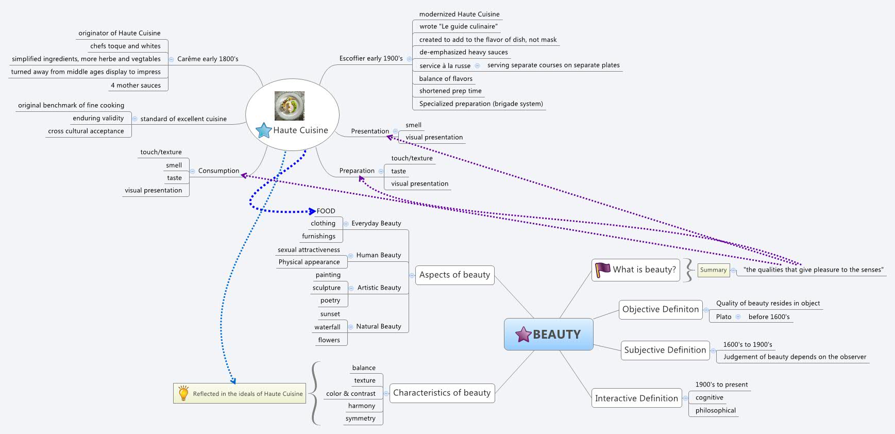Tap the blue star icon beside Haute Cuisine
pos(264,130)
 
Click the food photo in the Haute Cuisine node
pos(290,106)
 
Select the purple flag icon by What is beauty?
pos(602,270)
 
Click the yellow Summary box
pos(713,270)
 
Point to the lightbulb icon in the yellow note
pos(183,393)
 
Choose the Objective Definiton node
pos(660,309)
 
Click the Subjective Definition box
pos(665,350)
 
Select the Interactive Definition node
pos(636,398)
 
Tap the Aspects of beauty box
pos(454,275)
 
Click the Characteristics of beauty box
pos(442,393)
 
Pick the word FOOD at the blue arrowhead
pos(326,211)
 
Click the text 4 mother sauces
pos(136,85)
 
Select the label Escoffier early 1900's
pos(371,58)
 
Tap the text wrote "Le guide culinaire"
pos(458,26)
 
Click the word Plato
pos(723,316)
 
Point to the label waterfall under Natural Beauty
pos(327,327)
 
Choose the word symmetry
pos(360,418)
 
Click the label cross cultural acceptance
pos(86,131)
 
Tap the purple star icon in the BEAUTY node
pos(524,335)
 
